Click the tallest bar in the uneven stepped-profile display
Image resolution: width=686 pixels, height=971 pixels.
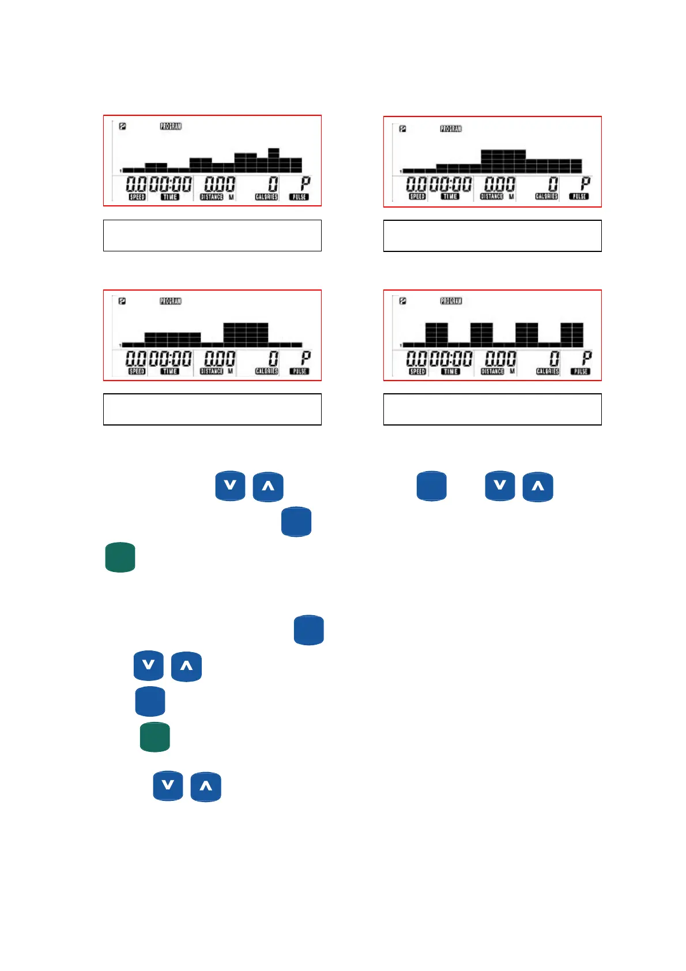pyautogui.click(x=273, y=160)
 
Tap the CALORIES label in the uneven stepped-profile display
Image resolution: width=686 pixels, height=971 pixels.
pyautogui.click(x=266, y=197)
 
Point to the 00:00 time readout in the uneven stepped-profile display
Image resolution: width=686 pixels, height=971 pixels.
pyautogui.click(x=170, y=185)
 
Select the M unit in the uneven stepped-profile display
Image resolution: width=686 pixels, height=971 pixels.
pyautogui.click(x=231, y=197)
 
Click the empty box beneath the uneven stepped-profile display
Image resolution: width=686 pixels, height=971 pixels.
pyautogui.click(x=212, y=235)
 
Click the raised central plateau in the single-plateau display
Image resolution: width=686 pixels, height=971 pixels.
pyautogui.click(x=503, y=161)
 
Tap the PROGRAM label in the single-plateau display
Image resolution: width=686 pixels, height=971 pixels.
pyautogui.click(x=451, y=129)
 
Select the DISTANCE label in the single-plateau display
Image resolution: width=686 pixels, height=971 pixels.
pyautogui.click(x=492, y=197)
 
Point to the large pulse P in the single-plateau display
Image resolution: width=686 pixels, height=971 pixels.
pyautogui.click(x=585, y=184)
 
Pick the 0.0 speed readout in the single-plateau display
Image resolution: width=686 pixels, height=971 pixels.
pyautogui.click(x=416, y=185)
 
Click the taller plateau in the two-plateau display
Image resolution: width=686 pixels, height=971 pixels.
pyautogui.click(x=246, y=334)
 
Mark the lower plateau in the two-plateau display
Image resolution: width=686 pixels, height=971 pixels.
pyautogui.click(x=172, y=338)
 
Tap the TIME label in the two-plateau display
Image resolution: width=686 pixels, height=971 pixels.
pyautogui.click(x=170, y=371)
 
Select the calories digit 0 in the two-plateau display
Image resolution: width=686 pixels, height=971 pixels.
pyautogui.click(x=273, y=359)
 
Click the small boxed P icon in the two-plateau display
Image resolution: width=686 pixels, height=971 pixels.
pyautogui.click(x=122, y=301)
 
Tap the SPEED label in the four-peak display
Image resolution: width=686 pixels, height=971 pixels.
pyautogui.click(x=417, y=371)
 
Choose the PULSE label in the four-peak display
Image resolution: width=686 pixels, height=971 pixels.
pyautogui.click(x=580, y=371)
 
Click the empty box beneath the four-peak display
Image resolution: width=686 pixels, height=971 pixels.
pyautogui.click(x=492, y=409)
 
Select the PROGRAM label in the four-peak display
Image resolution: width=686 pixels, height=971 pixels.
pyautogui.click(x=451, y=301)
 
